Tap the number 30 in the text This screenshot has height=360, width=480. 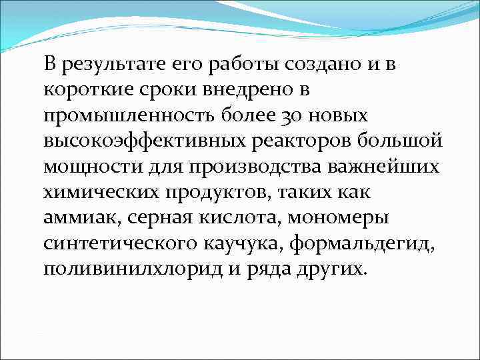pos(291,116)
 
